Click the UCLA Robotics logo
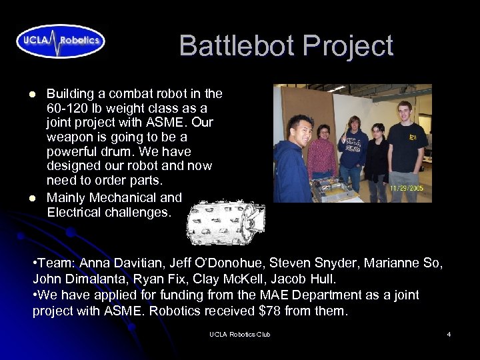click(61, 41)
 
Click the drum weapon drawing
click(225, 221)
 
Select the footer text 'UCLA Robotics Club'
click(239, 334)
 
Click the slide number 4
click(449, 334)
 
